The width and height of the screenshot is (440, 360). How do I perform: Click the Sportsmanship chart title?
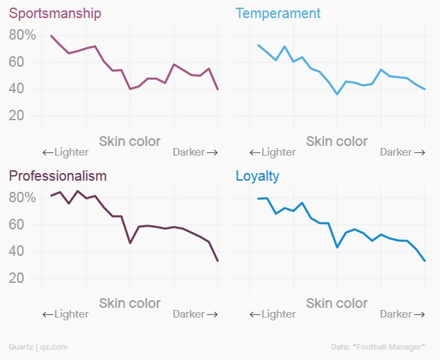pyautogui.click(x=55, y=13)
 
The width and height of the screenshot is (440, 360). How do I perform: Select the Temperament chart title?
pyautogui.click(x=278, y=13)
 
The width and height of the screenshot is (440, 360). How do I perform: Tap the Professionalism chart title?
pyautogui.click(x=58, y=176)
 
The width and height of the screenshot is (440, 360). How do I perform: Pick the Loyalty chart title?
pyautogui.click(x=257, y=176)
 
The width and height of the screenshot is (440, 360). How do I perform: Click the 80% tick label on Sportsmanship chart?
pyautogui.click(x=22, y=35)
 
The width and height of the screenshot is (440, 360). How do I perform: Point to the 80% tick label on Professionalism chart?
pyautogui.click(x=22, y=197)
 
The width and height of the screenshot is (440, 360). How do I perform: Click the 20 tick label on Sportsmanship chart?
pyautogui.click(x=17, y=116)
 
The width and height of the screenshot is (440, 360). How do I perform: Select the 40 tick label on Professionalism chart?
pyautogui.click(x=17, y=252)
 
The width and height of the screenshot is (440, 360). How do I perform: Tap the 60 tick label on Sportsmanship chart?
pyautogui.click(x=17, y=62)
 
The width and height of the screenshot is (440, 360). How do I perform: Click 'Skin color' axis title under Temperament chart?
pyautogui.click(x=337, y=141)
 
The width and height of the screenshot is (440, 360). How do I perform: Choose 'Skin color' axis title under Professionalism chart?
pyautogui.click(x=130, y=304)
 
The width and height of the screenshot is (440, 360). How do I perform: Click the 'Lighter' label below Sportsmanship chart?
pyautogui.click(x=65, y=152)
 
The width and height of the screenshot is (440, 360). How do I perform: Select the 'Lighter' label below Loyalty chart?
pyautogui.click(x=272, y=314)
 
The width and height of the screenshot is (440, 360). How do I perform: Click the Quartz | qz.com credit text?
pyautogui.click(x=38, y=346)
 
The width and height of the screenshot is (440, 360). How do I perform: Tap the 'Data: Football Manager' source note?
pyautogui.click(x=378, y=346)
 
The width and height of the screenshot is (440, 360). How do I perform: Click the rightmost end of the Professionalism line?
pyautogui.click(x=218, y=261)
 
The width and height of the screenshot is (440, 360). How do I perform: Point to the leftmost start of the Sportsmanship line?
pyautogui.click(x=51, y=35)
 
